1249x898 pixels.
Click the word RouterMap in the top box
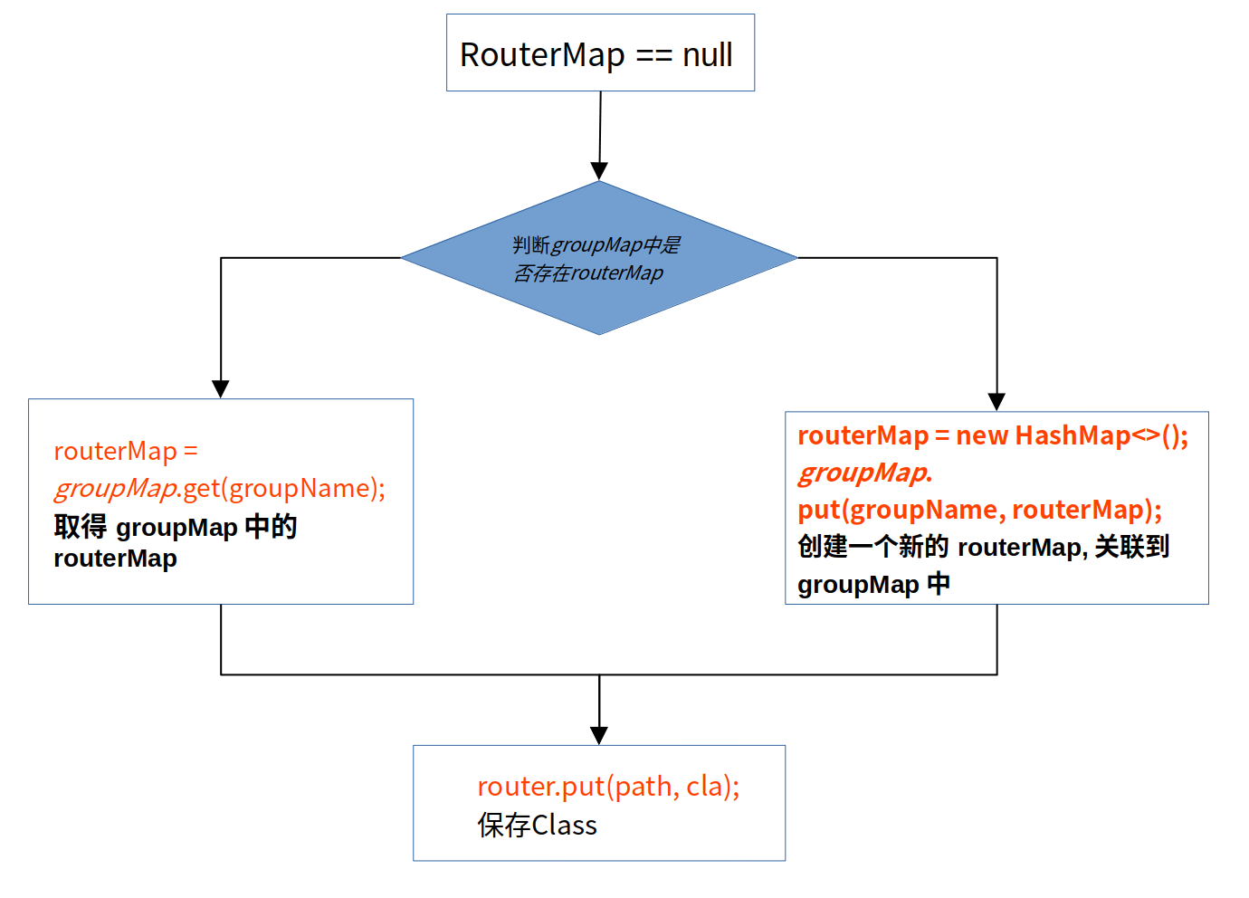[541, 55]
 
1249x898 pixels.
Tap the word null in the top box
[707, 55]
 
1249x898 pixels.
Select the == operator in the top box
[653, 56]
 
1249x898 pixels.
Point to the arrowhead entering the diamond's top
[599, 171]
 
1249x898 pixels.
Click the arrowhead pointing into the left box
[221, 388]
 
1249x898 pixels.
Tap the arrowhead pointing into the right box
[996, 402]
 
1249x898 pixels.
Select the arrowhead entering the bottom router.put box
[599, 735]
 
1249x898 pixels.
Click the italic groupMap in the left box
[115, 489]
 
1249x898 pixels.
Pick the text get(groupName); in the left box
[284, 489]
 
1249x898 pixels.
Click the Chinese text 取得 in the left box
[80, 527]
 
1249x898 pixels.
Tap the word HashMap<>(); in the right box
[1101, 435]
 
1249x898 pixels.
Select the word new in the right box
[982, 435]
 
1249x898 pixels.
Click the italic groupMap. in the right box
[864, 473]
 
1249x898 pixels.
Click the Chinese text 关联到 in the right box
[1131, 547]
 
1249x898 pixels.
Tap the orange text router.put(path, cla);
[608, 786]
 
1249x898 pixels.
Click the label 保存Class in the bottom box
[537, 826]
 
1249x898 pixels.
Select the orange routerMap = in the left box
[125, 451]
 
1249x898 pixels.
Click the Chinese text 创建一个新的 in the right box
[872, 547]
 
